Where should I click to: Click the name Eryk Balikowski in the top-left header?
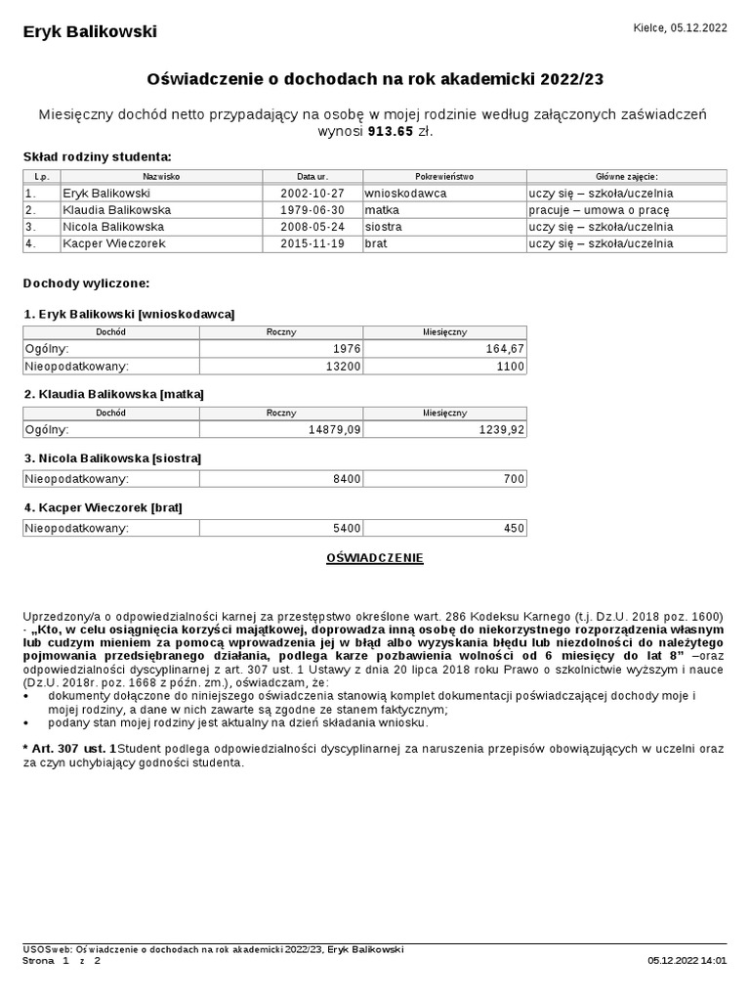(x=90, y=32)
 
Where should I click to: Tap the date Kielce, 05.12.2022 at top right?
(x=680, y=28)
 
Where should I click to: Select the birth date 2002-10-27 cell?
(x=312, y=194)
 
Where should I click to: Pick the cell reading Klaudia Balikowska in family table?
(x=117, y=210)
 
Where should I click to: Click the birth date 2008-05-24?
(x=312, y=227)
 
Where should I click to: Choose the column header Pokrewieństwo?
(x=443, y=177)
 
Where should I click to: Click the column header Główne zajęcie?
(x=626, y=177)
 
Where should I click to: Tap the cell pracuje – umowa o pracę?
(x=599, y=210)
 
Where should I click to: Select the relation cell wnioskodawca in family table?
(x=405, y=194)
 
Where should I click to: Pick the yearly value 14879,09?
(x=333, y=429)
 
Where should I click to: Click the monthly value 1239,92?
(x=502, y=429)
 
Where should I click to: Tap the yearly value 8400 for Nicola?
(x=347, y=479)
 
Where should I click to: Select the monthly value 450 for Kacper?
(x=514, y=529)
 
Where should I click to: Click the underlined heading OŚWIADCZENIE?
(x=374, y=558)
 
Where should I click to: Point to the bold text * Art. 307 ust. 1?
(x=69, y=748)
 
